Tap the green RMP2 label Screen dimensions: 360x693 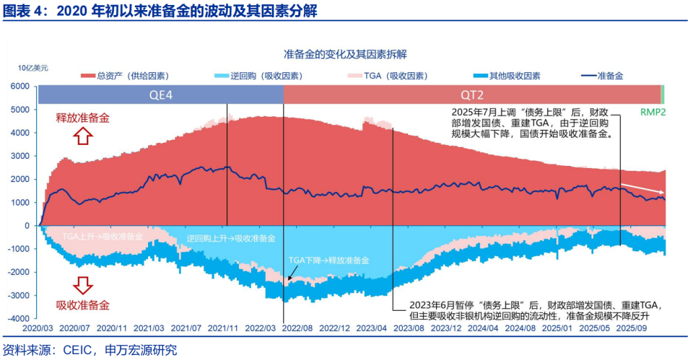coord(653,113)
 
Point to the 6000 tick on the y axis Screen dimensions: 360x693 coord(20,87)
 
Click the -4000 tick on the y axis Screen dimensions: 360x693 coord(19,318)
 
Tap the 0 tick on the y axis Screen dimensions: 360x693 coord(27,225)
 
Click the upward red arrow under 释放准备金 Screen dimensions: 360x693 coord(84,136)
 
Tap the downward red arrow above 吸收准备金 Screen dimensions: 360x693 coord(84,285)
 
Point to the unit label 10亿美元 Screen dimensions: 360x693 coord(34,68)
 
